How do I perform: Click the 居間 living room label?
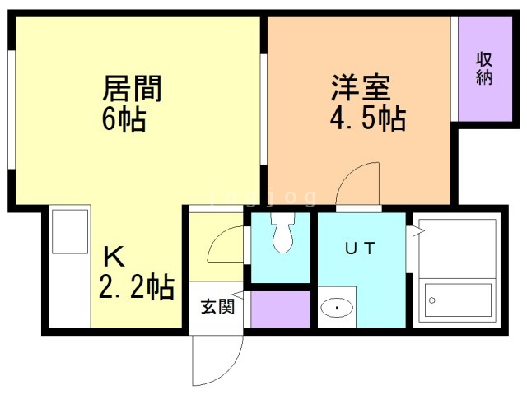pos(132,88)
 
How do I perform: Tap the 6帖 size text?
pos(124,118)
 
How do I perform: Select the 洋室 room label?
pos(361,87)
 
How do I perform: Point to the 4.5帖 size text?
pos(368,118)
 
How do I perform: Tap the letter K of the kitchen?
pos(114,256)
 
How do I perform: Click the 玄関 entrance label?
pos(217,306)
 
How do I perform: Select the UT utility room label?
pos(360,249)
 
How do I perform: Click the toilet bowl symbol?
pos(282,232)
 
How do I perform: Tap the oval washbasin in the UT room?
pos(337,307)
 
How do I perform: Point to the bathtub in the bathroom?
pos(458,300)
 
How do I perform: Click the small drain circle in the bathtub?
pos(432,300)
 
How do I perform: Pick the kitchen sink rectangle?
pos(70,232)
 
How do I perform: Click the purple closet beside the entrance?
pos(280,309)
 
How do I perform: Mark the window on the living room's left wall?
pos(11,109)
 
